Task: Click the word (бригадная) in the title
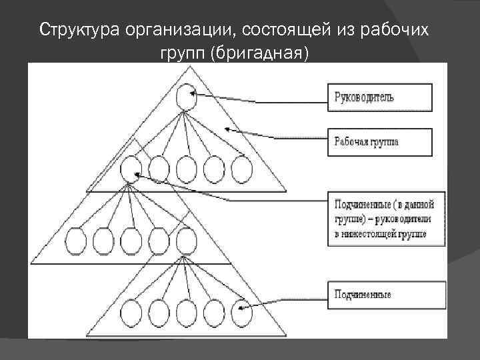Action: click(x=259, y=53)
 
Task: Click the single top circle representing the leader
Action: click(x=186, y=98)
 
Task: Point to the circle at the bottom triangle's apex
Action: click(x=186, y=239)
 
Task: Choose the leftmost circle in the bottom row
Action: click(x=133, y=312)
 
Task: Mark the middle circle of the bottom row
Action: click(x=186, y=312)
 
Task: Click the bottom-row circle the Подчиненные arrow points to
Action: click(x=241, y=312)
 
